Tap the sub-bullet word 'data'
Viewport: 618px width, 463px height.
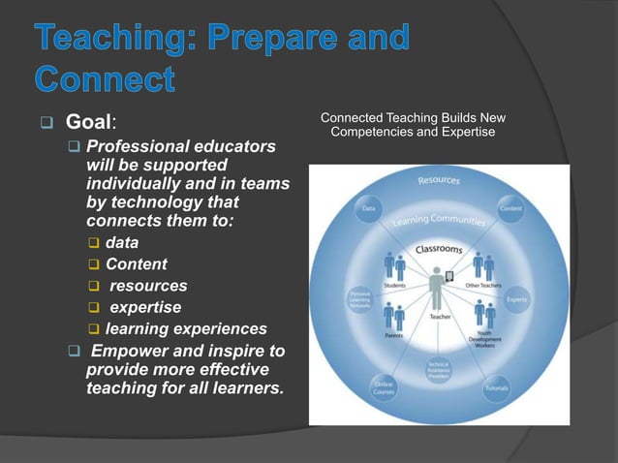tap(121, 243)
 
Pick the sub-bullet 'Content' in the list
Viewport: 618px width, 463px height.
tap(136, 264)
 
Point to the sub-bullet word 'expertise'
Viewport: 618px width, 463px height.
tap(145, 307)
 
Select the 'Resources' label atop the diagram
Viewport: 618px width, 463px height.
tap(439, 180)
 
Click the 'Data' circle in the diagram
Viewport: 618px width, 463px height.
tap(369, 207)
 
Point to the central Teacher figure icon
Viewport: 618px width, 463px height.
tap(437, 286)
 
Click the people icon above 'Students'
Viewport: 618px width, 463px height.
tap(394, 266)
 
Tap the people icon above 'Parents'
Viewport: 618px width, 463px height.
tap(394, 316)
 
